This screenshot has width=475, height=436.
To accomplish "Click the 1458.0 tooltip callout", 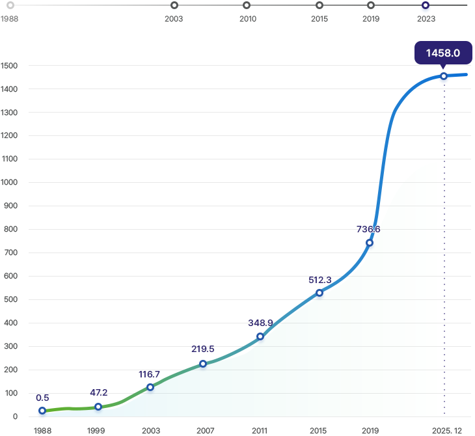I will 443,53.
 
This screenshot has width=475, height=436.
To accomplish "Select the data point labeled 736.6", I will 370,243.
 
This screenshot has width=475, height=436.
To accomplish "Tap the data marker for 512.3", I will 319,293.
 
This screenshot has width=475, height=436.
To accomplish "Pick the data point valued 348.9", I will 260,336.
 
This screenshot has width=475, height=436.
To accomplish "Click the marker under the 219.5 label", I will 203,364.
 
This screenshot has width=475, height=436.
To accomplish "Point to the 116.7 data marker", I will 150,387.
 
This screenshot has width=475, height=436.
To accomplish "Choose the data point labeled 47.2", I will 98,407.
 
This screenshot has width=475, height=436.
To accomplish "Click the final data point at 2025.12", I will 444,76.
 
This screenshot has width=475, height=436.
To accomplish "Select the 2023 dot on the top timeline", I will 426,5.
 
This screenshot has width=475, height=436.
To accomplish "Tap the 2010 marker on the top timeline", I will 247,5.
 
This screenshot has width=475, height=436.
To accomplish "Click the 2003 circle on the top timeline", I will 174,5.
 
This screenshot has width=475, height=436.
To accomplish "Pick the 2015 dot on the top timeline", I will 319,5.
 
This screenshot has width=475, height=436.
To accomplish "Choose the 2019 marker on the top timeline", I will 371,5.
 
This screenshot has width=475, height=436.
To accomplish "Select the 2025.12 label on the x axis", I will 446,430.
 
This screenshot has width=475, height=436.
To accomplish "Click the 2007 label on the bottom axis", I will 206,430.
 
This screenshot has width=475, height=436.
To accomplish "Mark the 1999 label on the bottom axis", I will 96,430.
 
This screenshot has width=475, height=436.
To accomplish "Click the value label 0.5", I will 42,398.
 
